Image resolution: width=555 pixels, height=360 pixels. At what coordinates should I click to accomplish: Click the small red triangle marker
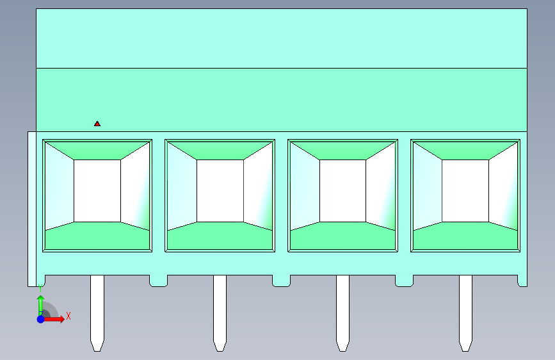[x=97, y=124]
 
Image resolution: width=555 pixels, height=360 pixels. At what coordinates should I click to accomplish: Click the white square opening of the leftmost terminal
[x=97, y=191]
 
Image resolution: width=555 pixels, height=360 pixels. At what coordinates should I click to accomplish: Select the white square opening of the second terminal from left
[x=220, y=191]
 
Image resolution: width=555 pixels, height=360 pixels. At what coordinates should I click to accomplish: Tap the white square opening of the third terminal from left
[x=342, y=191]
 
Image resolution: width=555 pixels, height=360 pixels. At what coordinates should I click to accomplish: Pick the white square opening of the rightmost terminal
[x=465, y=191]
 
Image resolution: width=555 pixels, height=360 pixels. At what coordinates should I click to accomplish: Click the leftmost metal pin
[x=97, y=307]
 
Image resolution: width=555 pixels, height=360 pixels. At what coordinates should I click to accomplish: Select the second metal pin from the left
[x=220, y=307]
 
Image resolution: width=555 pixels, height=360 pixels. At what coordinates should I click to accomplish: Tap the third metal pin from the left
[x=342, y=307]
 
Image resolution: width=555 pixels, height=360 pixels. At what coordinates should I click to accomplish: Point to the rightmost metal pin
[x=465, y=307]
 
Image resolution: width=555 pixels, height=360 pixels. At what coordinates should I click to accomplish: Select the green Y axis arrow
[x=40, y=304]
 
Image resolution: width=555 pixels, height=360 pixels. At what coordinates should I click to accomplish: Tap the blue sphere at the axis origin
[x=40, y=318]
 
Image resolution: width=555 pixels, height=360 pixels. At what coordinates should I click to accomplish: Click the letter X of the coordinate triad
[x=68, y=316]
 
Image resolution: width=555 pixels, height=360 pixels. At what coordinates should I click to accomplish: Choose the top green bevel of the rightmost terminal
[x=465, y=150]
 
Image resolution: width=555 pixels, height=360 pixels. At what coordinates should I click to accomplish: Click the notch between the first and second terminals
[x=158, y=281]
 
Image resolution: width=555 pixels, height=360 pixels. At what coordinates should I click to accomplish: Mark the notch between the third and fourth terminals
[x=404, y=281]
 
